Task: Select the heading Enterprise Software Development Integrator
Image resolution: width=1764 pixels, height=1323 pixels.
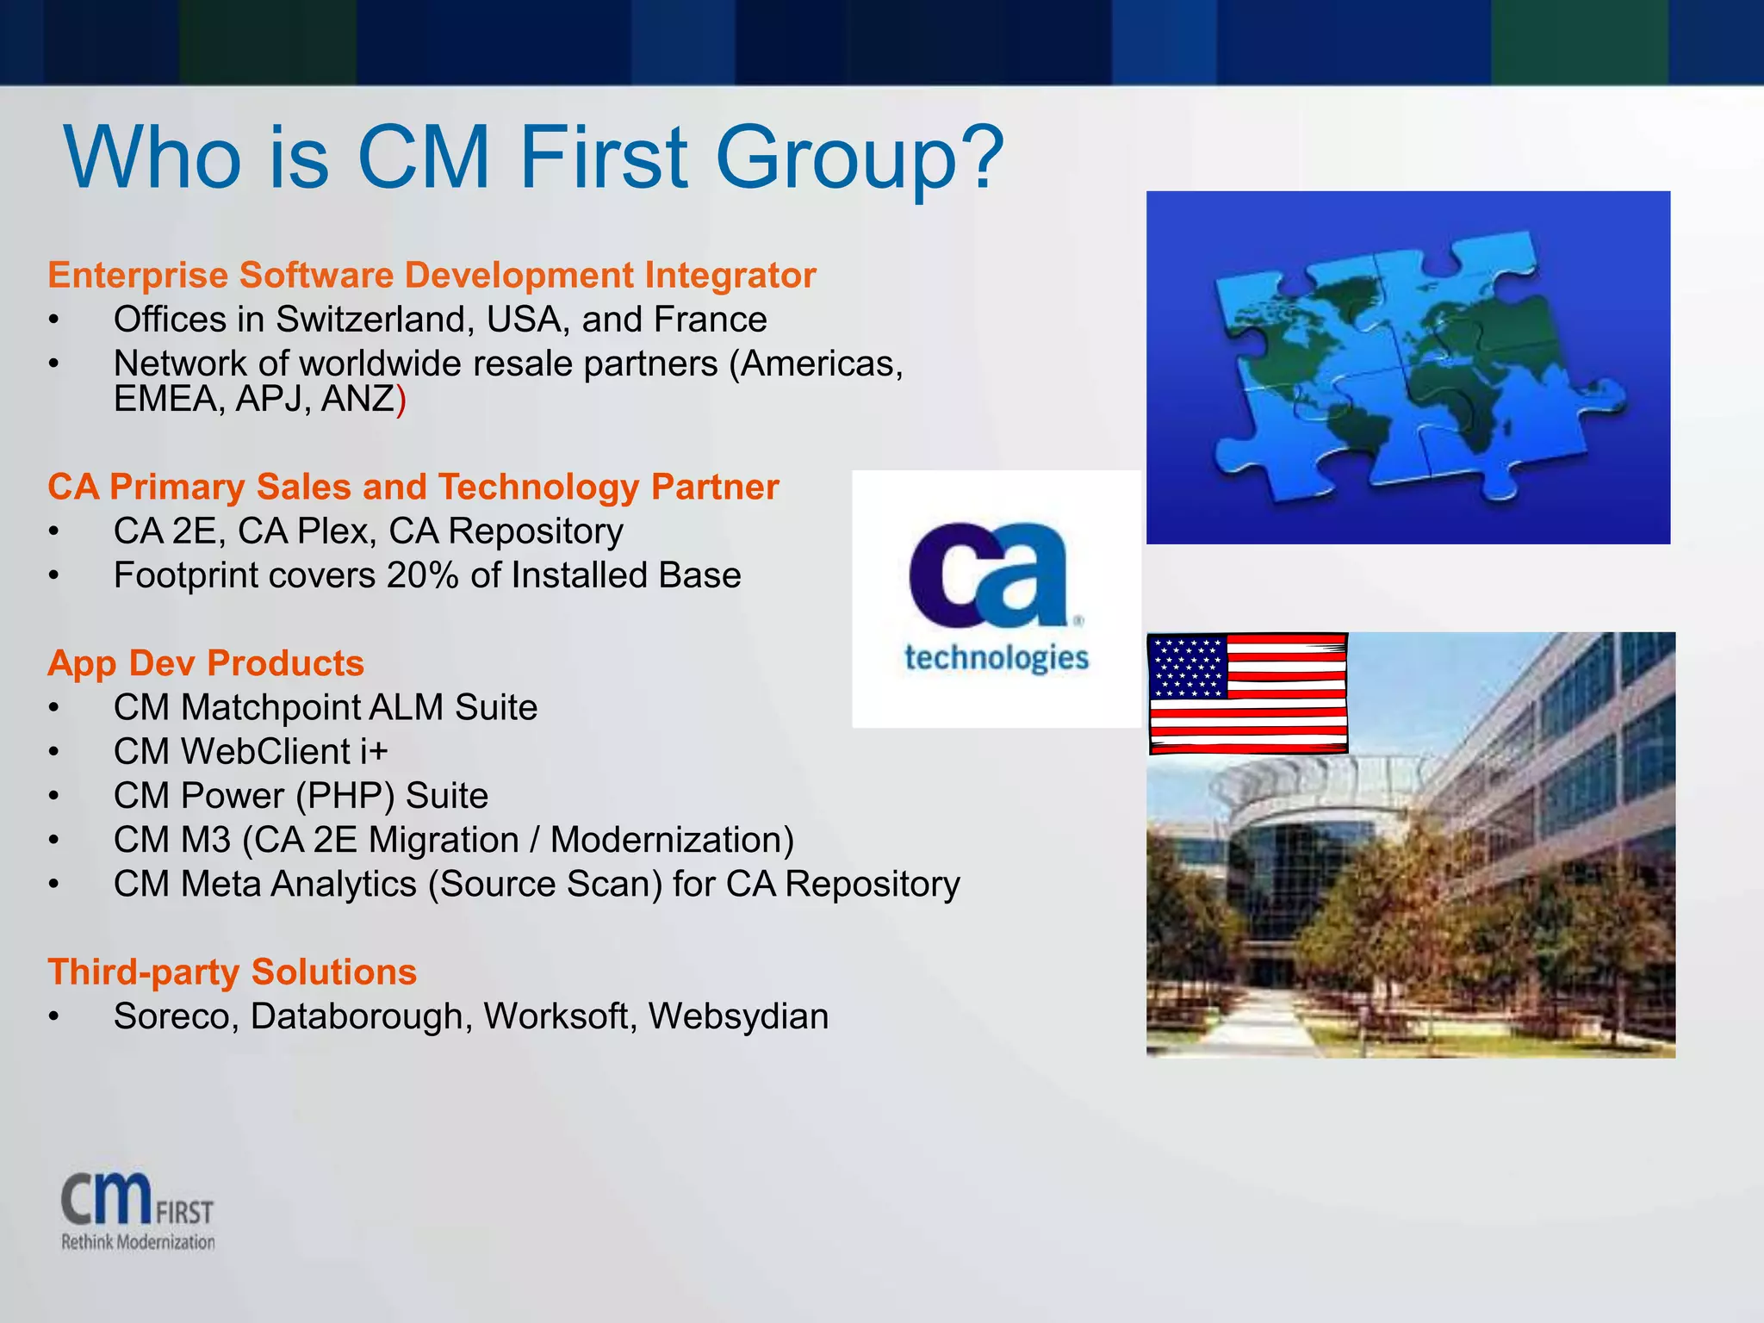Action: tap(432, 276)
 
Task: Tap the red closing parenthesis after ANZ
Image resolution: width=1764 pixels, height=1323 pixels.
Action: tap(401, 400)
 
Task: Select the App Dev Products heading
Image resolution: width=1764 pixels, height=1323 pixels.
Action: tap(206, 663)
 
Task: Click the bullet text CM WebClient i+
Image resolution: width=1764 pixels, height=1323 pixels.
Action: tap(251, 752)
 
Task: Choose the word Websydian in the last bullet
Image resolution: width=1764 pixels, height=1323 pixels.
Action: tap(738, 1016)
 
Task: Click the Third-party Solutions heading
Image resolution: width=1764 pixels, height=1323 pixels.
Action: tap(232, 972)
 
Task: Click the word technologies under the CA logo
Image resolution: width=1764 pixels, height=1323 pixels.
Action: tap(997, 658)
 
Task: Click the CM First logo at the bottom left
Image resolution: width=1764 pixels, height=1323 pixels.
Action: tap(136, 1202)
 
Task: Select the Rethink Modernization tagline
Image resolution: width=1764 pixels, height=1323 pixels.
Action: tap(138, 1242)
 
